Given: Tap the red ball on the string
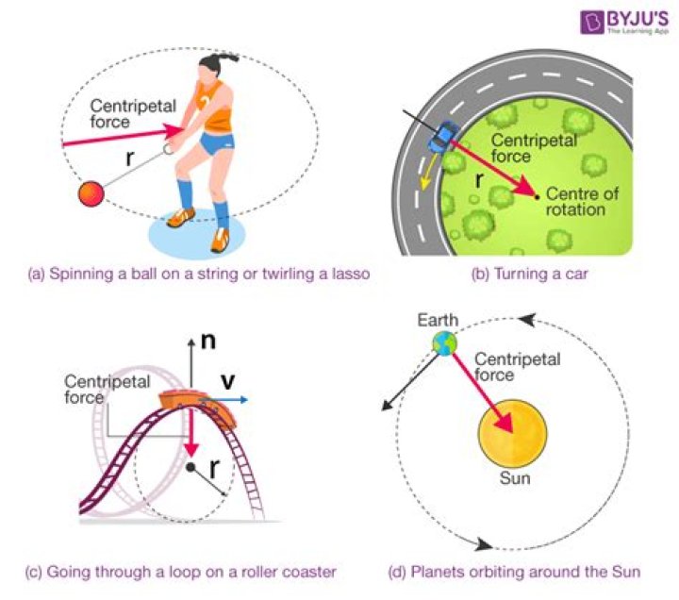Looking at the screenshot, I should pyautogui.click(x=91, y=193).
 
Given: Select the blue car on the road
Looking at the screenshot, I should pyautogui.click(x=440, y=137).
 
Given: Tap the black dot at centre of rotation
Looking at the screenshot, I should pyautogui.click(x=537, y=196).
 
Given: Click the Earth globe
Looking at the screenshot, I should pyautogui.click(x=443, y=343).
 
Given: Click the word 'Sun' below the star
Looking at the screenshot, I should pyautogui.click(x=515, y=479).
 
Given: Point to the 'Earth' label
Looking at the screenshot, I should pyautogui.click(x=439, y=321).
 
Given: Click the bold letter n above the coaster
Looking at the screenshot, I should pyautogui.click(x=208, y=339).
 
